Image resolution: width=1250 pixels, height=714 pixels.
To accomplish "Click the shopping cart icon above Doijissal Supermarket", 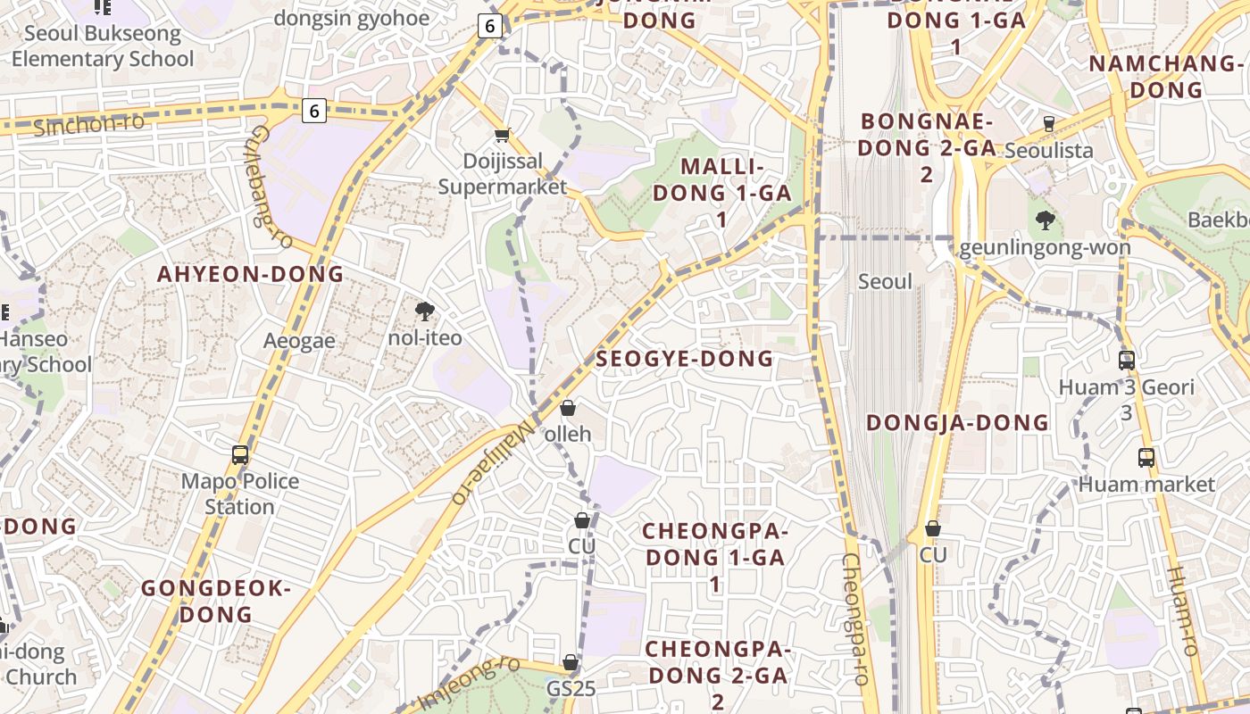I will coord(502,136).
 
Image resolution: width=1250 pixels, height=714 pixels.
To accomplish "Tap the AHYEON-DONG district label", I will coord(251,274).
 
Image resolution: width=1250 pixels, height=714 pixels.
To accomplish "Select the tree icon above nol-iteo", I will coord(425,311).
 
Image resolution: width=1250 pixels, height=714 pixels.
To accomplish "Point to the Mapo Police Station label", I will coord(240,494).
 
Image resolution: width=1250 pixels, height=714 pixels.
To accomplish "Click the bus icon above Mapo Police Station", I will coord(240,454).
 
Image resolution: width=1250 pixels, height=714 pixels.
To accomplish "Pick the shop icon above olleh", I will coord(568,409).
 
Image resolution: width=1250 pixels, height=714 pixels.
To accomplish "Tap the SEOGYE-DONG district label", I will coord(684,359).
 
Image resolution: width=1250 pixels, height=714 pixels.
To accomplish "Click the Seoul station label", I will coord(885,282).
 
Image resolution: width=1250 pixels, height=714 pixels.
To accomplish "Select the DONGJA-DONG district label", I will coord(957,422).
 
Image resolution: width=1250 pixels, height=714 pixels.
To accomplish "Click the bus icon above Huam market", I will coord(1146,458).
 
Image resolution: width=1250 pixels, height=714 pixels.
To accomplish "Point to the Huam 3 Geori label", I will coord(1126,387).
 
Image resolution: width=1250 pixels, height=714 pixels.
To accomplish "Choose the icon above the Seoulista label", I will coord(1049,123).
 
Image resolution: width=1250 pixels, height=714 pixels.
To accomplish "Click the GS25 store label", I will coord(571,689).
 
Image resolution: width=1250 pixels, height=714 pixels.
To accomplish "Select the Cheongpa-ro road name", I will coord(855,619).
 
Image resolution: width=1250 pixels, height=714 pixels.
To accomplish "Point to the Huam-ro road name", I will coord(1183,610).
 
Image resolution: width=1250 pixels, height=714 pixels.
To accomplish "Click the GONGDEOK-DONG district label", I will coord(216,602).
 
